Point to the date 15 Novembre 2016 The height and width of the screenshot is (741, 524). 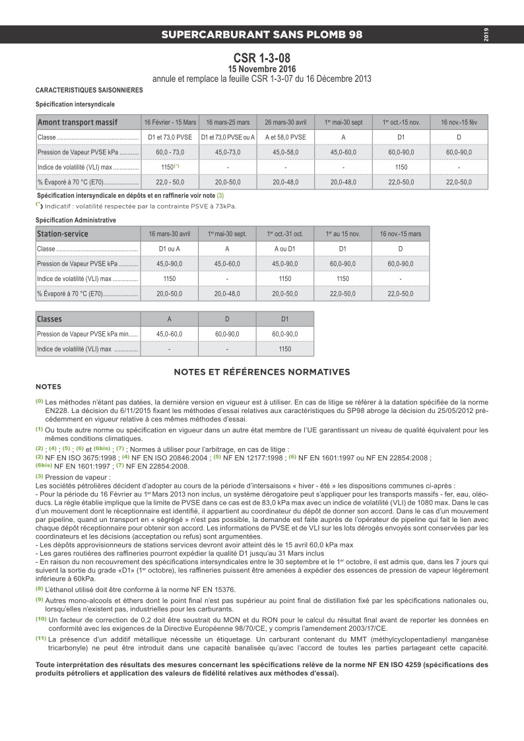261,69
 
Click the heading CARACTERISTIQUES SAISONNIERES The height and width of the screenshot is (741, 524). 88,89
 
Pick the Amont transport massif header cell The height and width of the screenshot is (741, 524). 77,123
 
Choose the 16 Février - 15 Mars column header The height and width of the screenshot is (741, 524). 170,123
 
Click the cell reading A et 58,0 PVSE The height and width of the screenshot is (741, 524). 285,137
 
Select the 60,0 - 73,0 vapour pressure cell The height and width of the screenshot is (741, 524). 170,152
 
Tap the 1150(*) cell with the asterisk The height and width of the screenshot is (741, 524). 170,167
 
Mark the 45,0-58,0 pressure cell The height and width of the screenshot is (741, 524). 285,152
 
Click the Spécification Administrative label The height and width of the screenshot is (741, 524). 75,220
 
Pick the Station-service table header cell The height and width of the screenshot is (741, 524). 63,234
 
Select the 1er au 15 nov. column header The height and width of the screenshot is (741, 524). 343,234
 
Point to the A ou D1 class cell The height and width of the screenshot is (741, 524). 285,249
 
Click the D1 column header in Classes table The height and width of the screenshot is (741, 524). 285,319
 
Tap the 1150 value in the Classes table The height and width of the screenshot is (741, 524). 285,349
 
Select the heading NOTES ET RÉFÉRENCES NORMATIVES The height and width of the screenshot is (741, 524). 261,373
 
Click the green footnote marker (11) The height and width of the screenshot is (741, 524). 41,638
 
